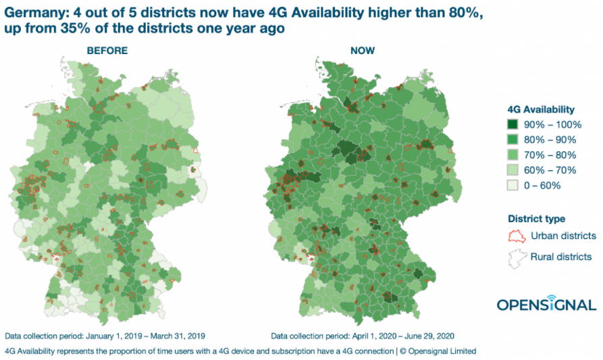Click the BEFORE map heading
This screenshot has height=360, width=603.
tap(106, 51)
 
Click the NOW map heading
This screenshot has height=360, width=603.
tap(362, 51)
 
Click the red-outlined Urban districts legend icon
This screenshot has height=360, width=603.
tap(516, 236)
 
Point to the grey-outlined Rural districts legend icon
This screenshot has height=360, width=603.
tap(516, 257)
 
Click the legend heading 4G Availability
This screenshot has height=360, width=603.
tap(541, 109)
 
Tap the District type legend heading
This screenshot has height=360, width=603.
tap(536, 219)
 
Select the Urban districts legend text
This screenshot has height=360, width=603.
tap(563, 236)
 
